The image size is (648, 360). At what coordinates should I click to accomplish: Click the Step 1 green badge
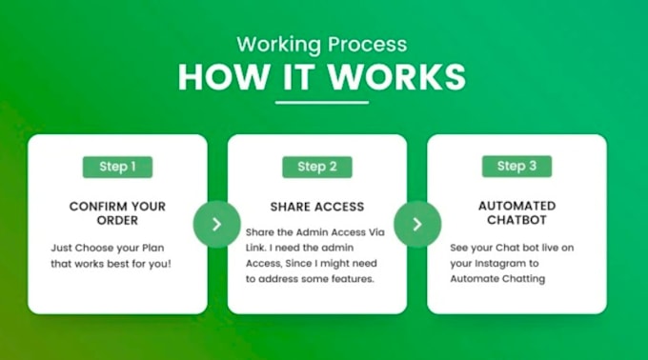click(117, 167)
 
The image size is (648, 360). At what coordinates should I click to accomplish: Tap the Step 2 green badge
click(317, 167)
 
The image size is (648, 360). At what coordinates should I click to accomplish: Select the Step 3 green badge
click(516, 167)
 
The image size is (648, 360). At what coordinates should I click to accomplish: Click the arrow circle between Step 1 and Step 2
click(216, 224)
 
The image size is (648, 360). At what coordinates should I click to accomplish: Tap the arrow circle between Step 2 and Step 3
click(416, 224)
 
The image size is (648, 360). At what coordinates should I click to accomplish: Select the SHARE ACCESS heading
click(317, 207)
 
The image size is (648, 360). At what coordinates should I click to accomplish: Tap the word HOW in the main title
click(213, 77)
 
